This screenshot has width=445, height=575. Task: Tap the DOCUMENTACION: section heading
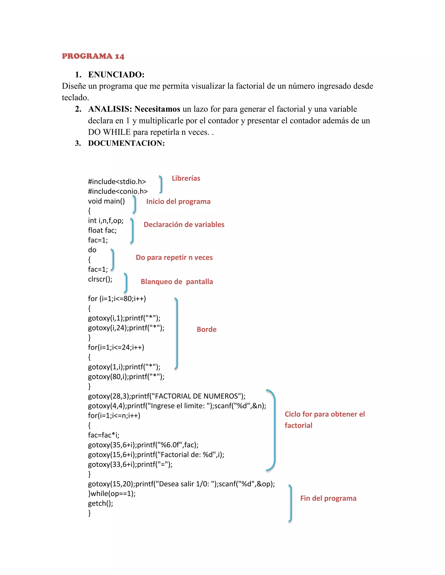126,143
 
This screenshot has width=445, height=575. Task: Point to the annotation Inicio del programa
178,201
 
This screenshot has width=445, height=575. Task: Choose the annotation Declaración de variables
184,225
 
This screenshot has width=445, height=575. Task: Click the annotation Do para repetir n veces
174,258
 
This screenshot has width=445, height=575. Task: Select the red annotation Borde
206,329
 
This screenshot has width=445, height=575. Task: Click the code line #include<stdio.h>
117,182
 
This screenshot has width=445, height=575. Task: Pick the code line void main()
106,201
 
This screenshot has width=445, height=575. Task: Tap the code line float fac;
102,230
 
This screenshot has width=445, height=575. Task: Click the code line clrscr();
100,279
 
